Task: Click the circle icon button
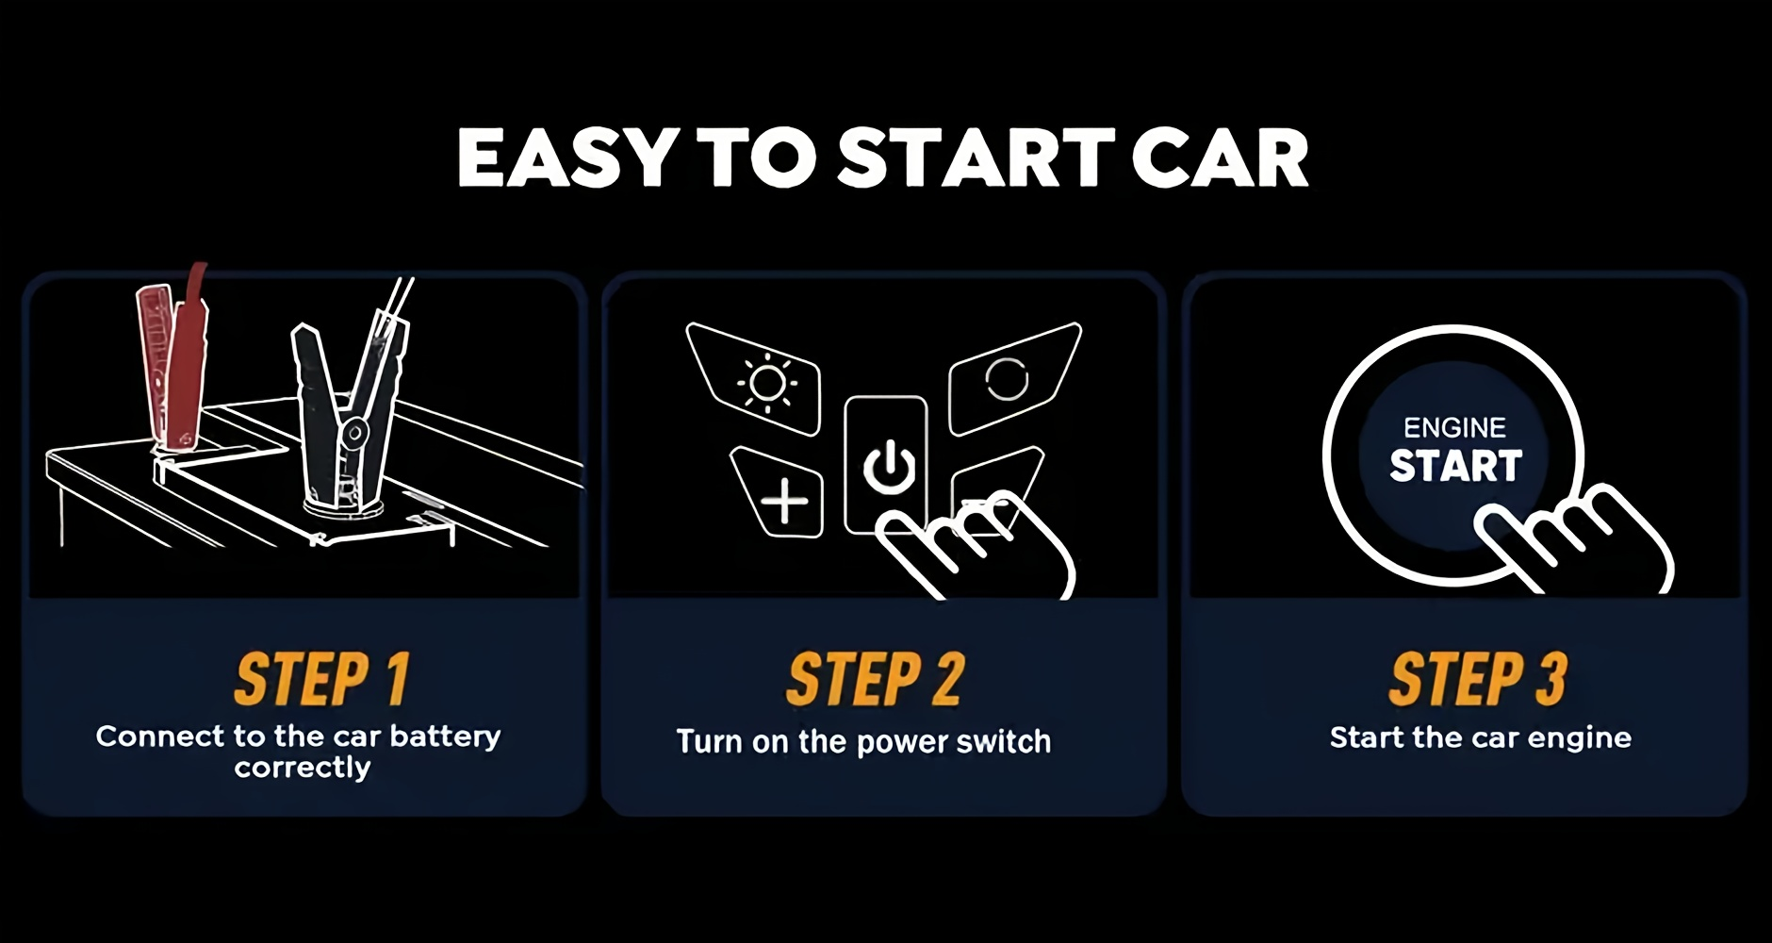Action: (x=1012, y=377)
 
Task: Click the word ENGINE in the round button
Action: (x=1454, y=428)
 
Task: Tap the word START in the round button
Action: (x=1455, y=466)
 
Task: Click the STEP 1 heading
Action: (x=321, y=679)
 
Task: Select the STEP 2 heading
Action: (x=876, y=679)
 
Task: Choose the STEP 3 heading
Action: (x=1477, y=679)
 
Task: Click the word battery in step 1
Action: (x=445, y=736)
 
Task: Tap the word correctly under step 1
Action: (x=303, y=768)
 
